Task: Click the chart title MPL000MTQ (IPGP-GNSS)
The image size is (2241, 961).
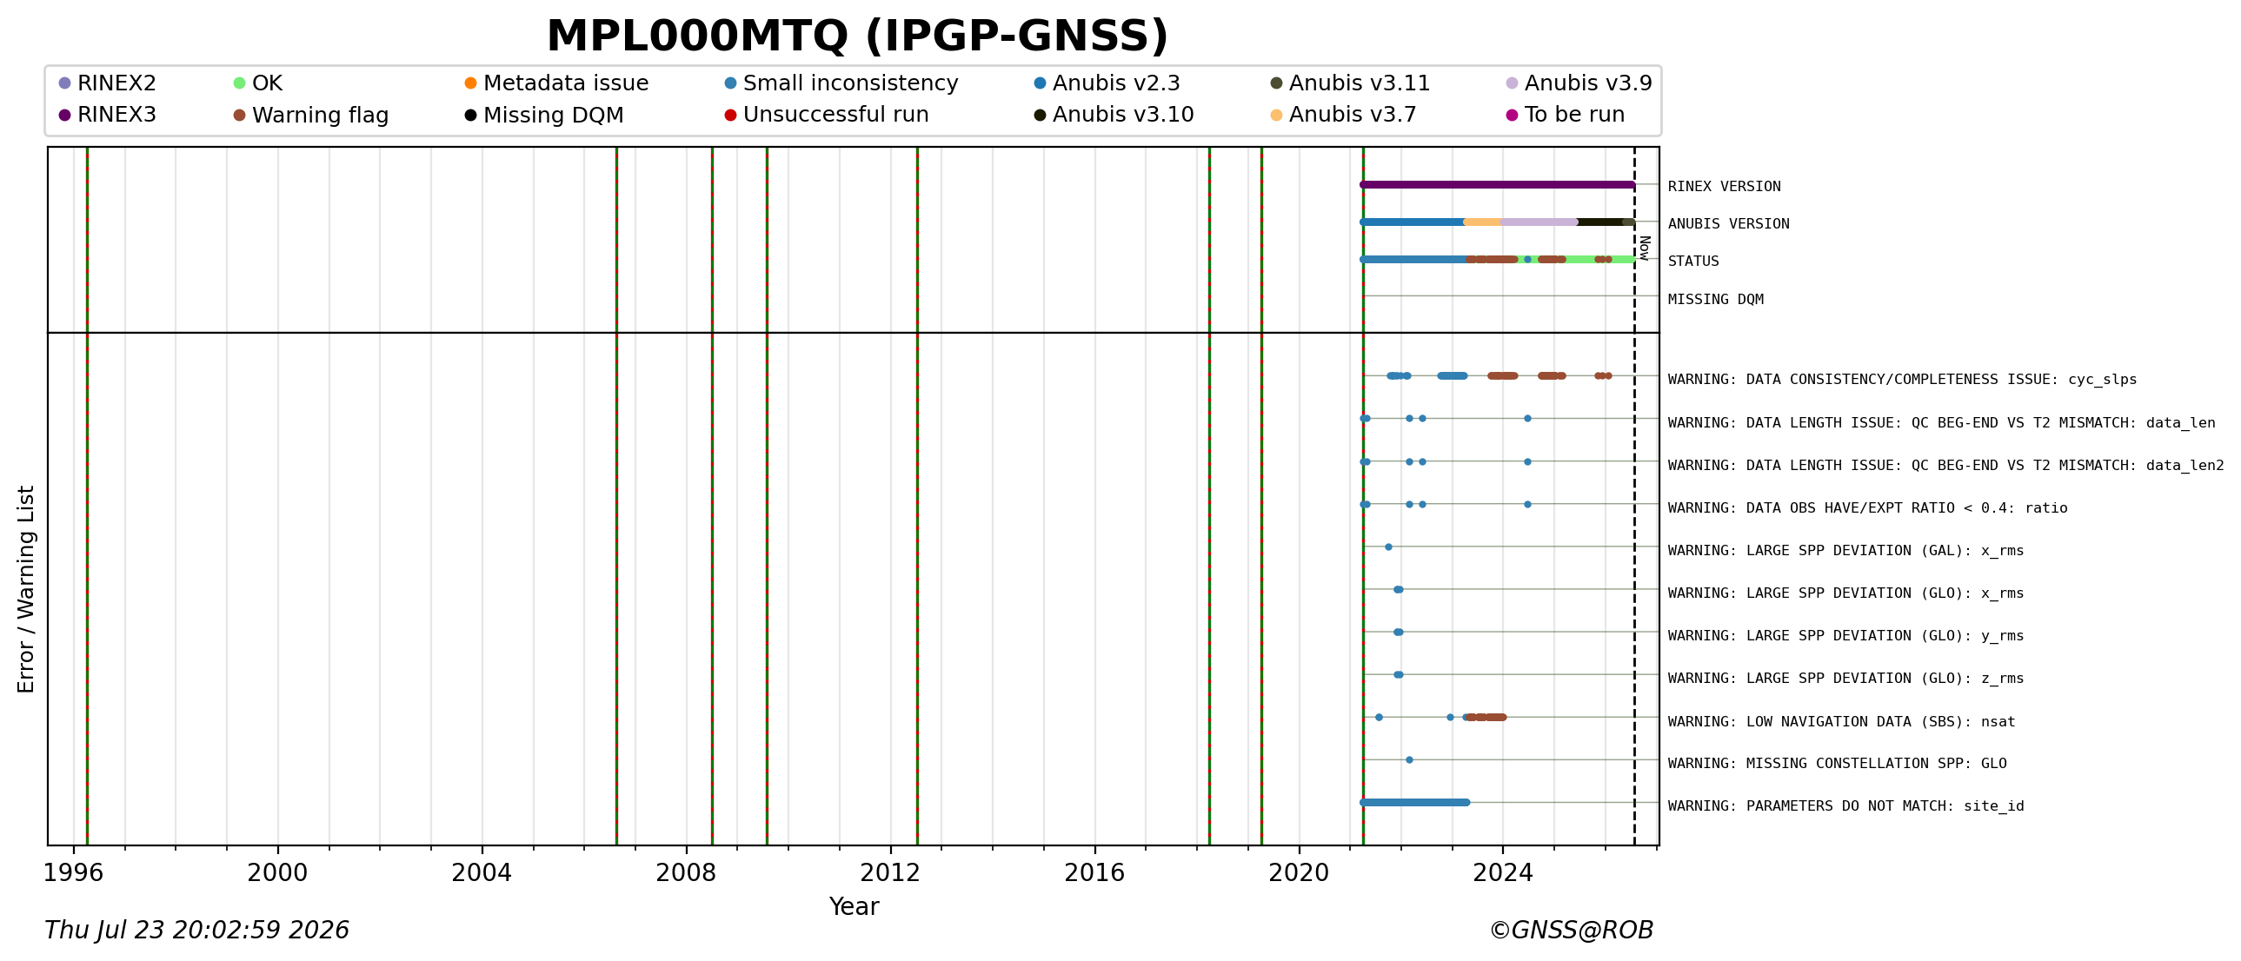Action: coord(857,36)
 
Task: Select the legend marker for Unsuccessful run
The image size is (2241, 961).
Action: coord(731,115)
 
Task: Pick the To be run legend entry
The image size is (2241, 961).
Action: coord(1565,115)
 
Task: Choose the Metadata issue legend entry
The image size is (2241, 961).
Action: coord(556,83)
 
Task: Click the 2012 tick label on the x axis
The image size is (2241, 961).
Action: coord(890,872)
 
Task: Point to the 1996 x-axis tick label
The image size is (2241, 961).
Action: coord(74,872)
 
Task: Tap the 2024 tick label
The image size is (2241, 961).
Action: coord(1502,872)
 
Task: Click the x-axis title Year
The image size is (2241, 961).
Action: coord(854,907)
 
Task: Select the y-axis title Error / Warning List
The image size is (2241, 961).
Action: coord(26,589)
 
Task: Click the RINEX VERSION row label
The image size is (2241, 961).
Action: coord(1725,186)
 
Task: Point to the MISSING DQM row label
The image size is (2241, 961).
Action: coord(1716,299)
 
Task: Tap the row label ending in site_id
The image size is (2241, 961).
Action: coord(1846,806)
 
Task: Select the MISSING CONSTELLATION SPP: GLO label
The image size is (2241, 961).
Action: coord(1838,764)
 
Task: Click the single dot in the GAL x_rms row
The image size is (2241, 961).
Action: coord(1388,547)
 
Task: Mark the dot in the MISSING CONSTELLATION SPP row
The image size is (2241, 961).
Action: coord(1409,760)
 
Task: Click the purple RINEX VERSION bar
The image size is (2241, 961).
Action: coord(1497,184)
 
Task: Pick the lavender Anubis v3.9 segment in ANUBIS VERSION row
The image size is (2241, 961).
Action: coord(1539,222)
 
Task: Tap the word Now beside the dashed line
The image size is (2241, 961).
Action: coord(1644,248)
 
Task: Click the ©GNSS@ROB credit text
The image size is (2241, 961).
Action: coord(1571,931)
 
